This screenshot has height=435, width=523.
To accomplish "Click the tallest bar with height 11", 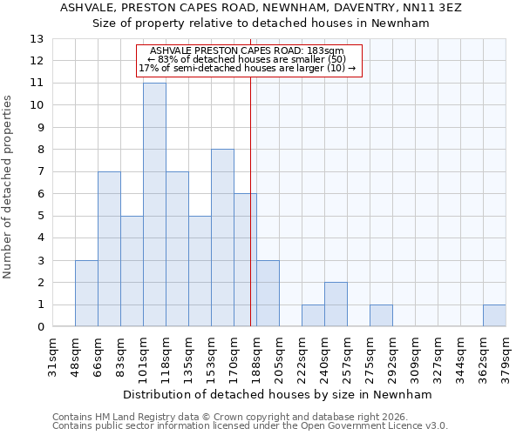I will tap(154, 204).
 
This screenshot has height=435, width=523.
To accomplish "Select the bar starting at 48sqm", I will tap(86, 293).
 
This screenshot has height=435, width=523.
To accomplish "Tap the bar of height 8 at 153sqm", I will tap(222, 238).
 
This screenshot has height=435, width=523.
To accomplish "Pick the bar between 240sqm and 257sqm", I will tap(336, 304).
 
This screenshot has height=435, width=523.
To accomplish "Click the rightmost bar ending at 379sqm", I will tap(494, 316).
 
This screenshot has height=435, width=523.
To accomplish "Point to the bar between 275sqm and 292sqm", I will tap(381, 316).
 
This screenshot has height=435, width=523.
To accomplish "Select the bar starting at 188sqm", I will tap(268, 293).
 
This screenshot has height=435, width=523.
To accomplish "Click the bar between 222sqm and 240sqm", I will tap(313, 316).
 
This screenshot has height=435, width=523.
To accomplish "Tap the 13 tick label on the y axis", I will tap(37, 39).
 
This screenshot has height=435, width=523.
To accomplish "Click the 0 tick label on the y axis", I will tap(40, 327).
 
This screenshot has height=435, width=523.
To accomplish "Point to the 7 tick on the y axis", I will tap(40, 172).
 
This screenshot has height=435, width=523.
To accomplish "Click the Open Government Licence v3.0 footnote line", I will tap(250, 426).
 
